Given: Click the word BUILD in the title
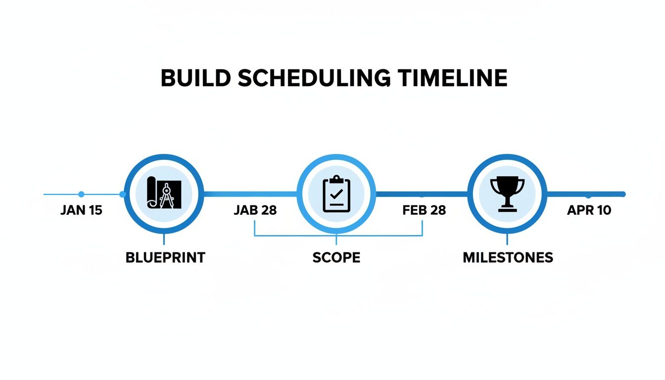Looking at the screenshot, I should pos(193,79).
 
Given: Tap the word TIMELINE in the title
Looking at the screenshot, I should pos(453,79).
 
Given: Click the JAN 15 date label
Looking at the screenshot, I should pos(81,210).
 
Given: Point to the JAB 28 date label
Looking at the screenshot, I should pos(255,210).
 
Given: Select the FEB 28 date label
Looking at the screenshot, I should pos(424,210).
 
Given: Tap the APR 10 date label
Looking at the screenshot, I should pos(589,210).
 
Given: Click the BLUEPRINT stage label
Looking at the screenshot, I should pos(165,258).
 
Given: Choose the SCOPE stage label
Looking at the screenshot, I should pos(336,258).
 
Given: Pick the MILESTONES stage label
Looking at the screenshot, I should pos(508,258).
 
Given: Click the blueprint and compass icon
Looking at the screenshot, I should pos(164,193).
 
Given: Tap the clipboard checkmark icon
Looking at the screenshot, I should pos(336,193).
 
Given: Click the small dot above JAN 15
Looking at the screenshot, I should pos(82,194).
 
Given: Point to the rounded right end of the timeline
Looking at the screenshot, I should pos(623,194).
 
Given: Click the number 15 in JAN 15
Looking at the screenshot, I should pos(95,210).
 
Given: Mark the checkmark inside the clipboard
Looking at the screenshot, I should pos(336,194).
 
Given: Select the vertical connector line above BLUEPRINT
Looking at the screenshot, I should pos(163,240).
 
